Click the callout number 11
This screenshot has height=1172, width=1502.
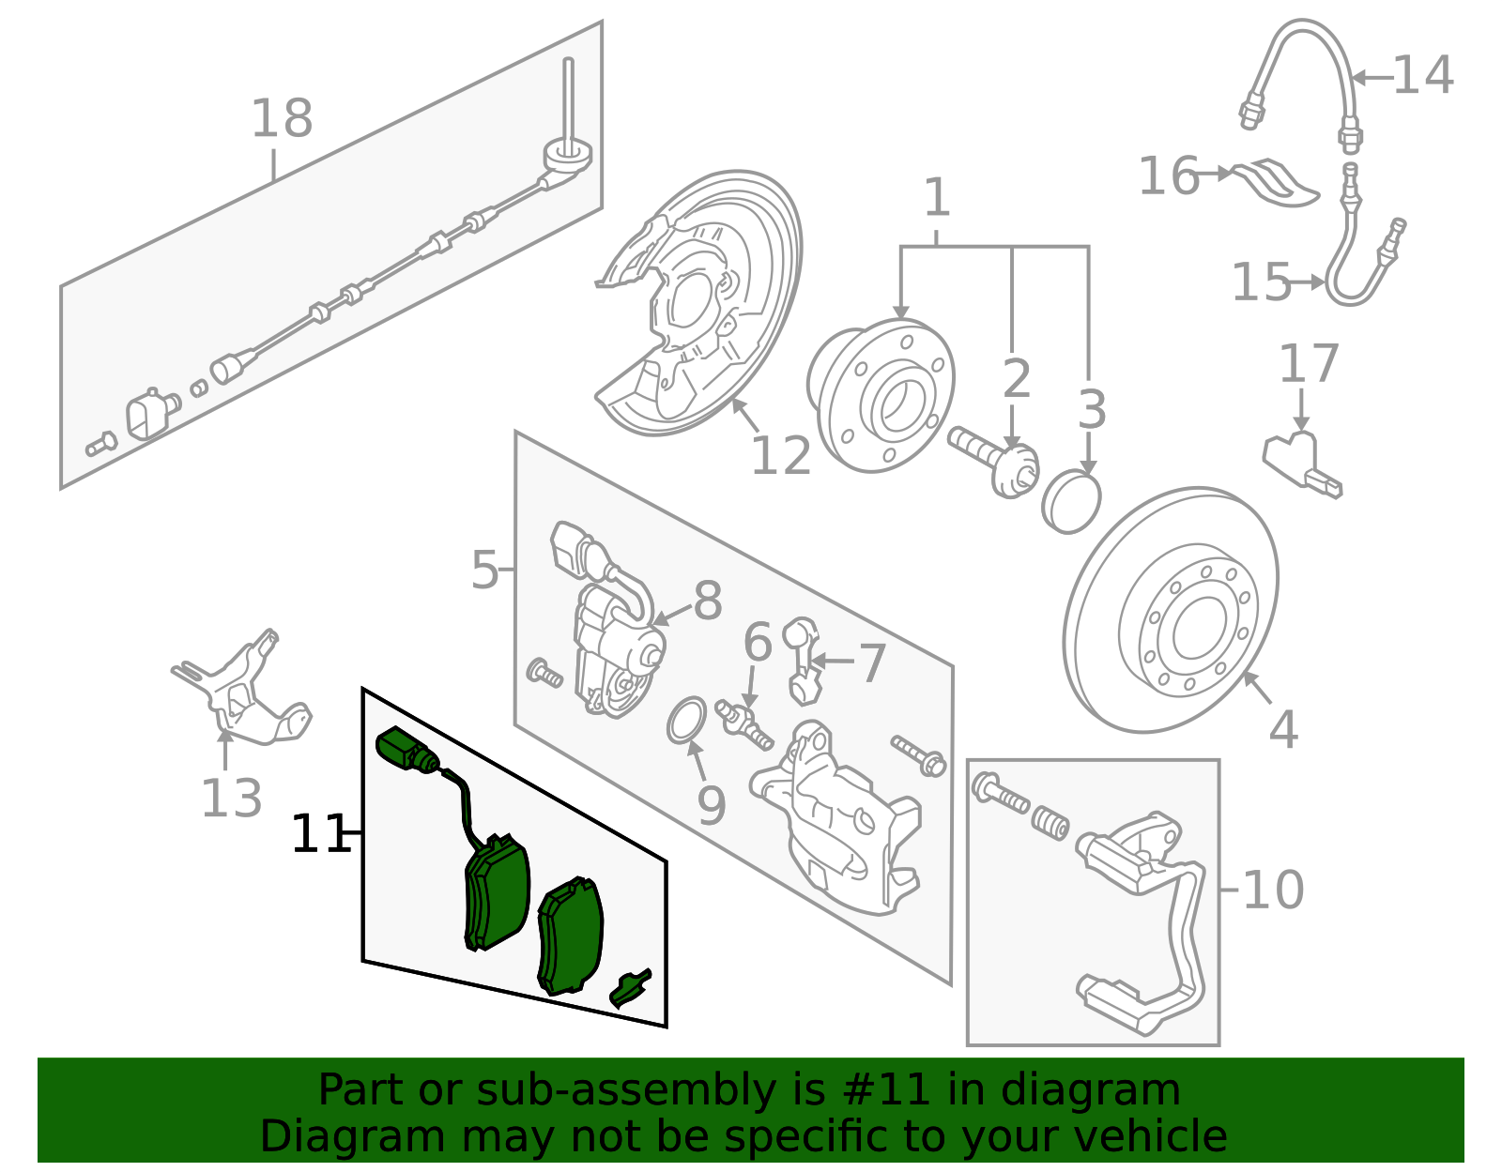click(x=319, y=834)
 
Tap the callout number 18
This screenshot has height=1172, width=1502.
click(x=282, y=118)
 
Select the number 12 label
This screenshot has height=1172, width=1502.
click(x=780, y=456)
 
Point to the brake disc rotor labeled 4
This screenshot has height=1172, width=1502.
click(x=1171, y=609)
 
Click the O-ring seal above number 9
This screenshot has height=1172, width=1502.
click(x=687, y=720)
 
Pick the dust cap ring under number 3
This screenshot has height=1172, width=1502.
click(x=1071, y=501)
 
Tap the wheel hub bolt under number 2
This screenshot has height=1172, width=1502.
click(x=992, y=462)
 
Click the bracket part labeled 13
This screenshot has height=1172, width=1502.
click(x=242, y=690)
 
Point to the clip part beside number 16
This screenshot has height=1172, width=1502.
click(x=1276, y=183)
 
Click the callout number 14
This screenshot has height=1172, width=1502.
click(x=1423, y=75)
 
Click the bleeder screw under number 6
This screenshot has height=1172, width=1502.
click(x=743, y=725)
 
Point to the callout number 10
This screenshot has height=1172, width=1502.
click(x=1273, y=890)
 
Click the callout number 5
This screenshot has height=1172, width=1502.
click(x=484, y=571)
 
